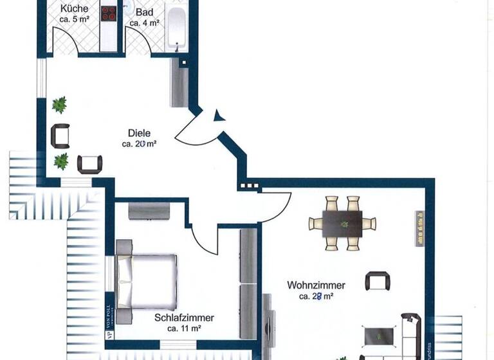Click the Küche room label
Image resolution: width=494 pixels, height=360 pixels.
[75, 9]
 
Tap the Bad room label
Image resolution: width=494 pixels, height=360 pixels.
[145, 12]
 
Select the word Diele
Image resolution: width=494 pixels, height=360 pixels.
[139, 133]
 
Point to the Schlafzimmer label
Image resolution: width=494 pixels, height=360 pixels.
[184, 318]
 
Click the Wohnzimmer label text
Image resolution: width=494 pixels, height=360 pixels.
[316, 285]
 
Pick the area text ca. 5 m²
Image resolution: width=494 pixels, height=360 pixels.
[75, 20]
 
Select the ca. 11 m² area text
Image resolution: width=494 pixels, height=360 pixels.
[184, 328]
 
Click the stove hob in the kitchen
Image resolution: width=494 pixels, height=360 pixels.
[109, 14]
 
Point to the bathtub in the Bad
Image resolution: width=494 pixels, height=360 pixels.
[175, 26]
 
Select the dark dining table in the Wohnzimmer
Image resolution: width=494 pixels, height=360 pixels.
[342, 223]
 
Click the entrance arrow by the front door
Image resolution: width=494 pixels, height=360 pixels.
[219, 115]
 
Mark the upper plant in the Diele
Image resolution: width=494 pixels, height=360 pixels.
[60, 104]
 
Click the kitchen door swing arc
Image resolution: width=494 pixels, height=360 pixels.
[69, 40]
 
